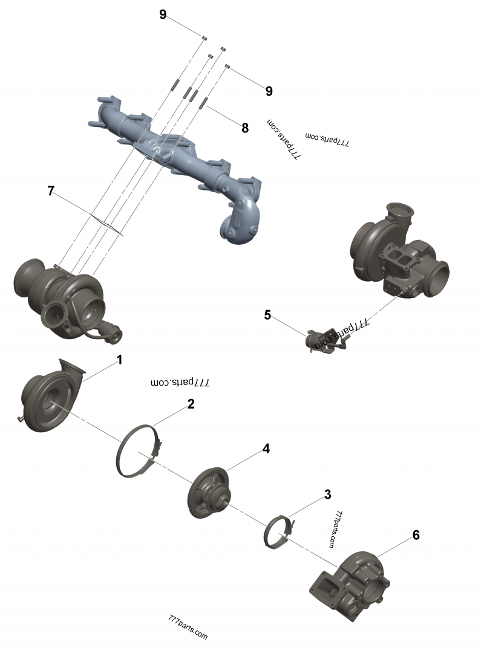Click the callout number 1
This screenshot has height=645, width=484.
pos(119,360)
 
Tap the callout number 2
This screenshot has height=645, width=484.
pos(191,404)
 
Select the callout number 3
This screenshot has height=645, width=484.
pos(327,494)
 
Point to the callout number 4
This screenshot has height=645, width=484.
pos(266,449)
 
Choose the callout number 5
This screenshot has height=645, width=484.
pos(267,314)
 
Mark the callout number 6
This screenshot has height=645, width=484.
pos(416,534)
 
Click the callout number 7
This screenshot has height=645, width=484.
pos(51,191)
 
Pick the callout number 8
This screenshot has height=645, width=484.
pos(245,128)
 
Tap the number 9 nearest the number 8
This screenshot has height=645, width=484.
pos(269,91)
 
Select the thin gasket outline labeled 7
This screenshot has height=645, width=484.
pos(106,222)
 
